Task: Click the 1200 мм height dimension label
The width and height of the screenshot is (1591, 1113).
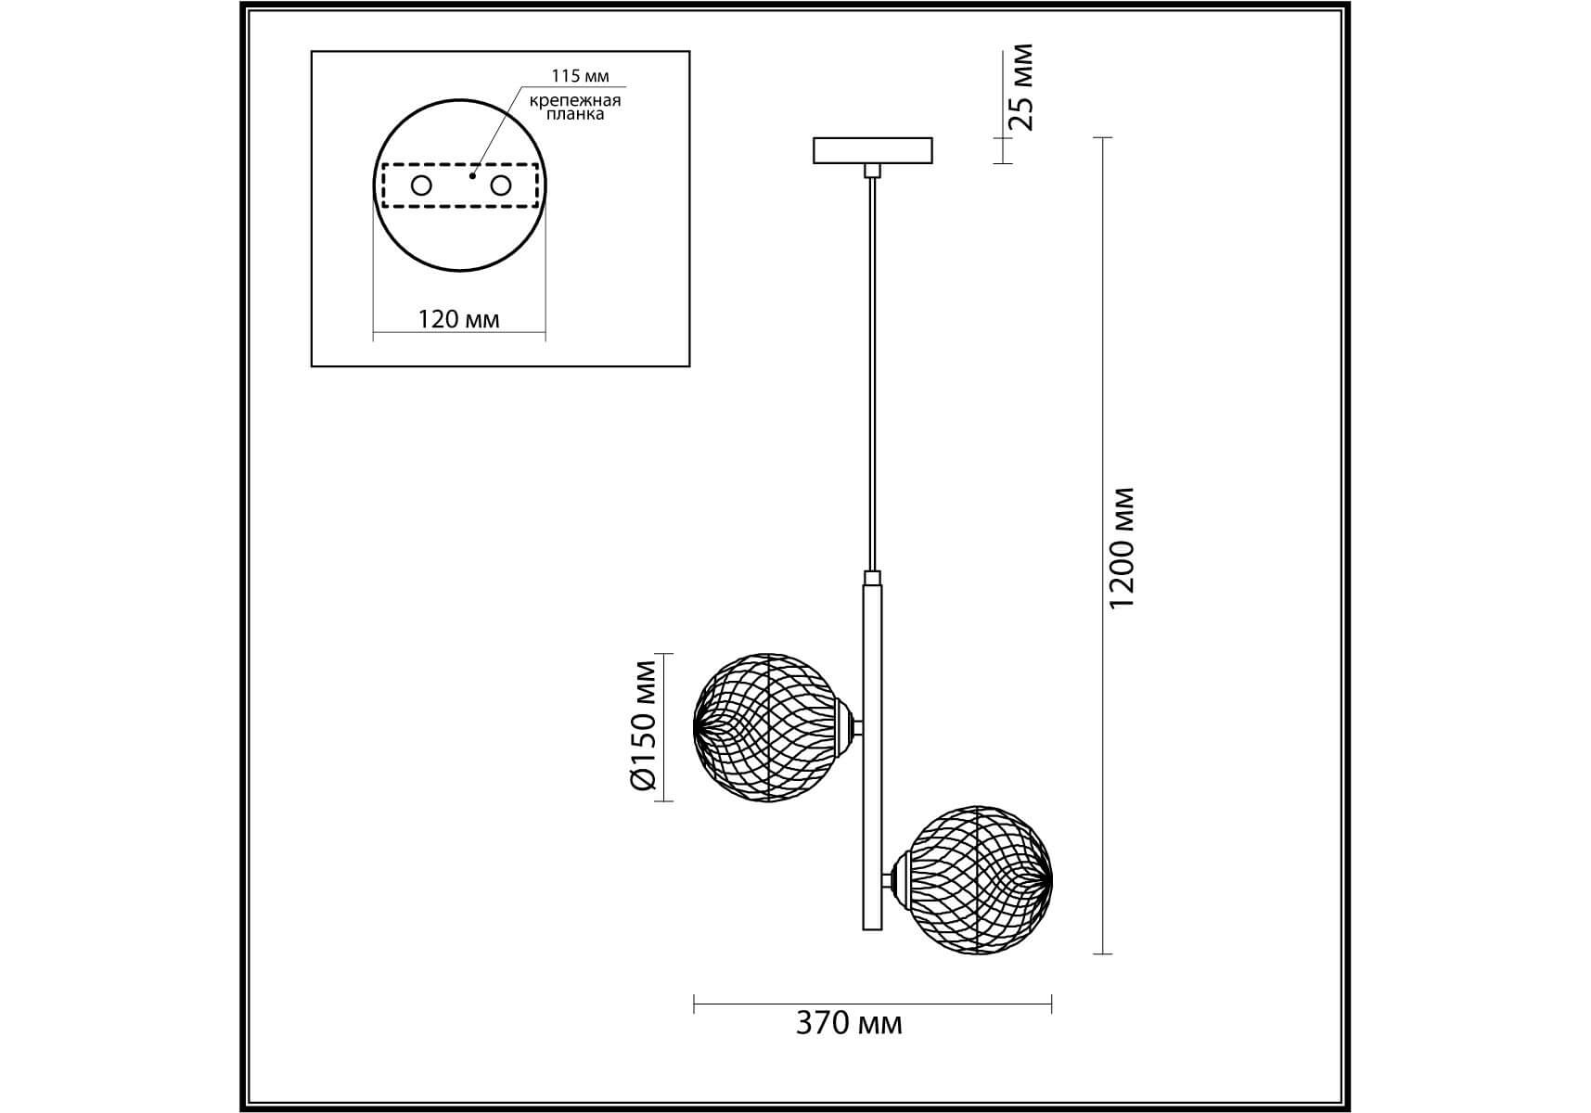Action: pos(1122,547)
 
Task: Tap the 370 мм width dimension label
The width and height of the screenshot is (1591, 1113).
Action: pos(849,1023)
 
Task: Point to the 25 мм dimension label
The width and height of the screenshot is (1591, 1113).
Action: pos(1020,87)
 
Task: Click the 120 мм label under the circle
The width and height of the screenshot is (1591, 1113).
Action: pos(459,320)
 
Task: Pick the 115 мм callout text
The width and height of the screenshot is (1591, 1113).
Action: pos(581,76)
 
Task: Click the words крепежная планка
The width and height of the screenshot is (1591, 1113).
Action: pos(575,108)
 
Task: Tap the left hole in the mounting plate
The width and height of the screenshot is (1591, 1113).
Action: pos(421,185)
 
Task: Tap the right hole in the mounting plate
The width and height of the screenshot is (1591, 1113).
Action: pos(501,185)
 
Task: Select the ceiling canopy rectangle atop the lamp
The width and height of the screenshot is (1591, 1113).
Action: pos(873,150)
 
